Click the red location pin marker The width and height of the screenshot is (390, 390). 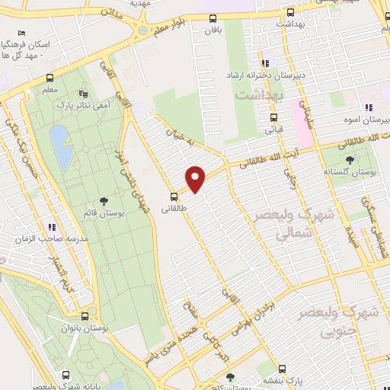pyautogui.click(x=196, y=178)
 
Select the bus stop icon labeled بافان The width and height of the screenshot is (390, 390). pyautogui.click(x=213, y=20)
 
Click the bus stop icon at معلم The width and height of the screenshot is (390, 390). pyautogui.click(x=50, y=78)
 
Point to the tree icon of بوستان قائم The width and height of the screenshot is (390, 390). pyautogui.click(x=104, y=201)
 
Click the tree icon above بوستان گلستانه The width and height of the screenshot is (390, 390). pyautogui.click(x=350, y=160)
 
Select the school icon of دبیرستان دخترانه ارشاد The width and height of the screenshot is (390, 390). pyautogui.click(x=264, y=64)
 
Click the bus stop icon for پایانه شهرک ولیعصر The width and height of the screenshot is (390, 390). pyautogui.click(x=66, y=376)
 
